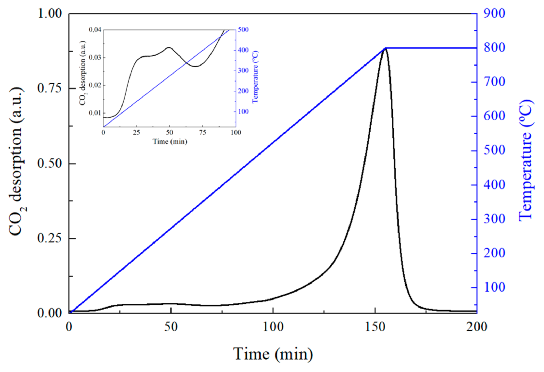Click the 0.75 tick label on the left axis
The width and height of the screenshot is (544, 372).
click(50, 88)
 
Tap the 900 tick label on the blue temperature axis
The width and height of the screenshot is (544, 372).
click(494, 13)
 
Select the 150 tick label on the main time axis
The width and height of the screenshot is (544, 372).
click(375, 327)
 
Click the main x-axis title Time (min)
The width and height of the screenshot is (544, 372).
click(273, 354)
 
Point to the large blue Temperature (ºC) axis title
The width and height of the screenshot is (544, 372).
click(526, 160)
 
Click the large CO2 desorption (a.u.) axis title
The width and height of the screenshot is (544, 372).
click(17, 161)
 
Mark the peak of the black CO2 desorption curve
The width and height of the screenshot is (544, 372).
click(385, 48)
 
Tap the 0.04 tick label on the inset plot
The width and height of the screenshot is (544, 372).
click(95, 30)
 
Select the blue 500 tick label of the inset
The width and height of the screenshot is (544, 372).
click(243, 30)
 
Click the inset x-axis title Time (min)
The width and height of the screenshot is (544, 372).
click(170, 141)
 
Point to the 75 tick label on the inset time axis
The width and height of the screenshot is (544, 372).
click(202, 133)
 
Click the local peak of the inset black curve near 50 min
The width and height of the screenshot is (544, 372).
click(169, 47)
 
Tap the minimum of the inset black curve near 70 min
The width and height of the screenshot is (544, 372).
click(196, 66)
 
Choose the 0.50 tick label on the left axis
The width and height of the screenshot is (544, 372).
click(50, 163)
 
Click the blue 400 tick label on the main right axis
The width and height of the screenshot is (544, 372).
click(494, 185)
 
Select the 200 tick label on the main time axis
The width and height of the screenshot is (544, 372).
click(476, 327)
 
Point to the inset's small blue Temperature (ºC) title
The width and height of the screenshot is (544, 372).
click(255, 77)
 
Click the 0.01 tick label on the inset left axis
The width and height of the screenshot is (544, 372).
click(95, 113)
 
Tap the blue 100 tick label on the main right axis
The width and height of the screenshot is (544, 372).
click(494, 287)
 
